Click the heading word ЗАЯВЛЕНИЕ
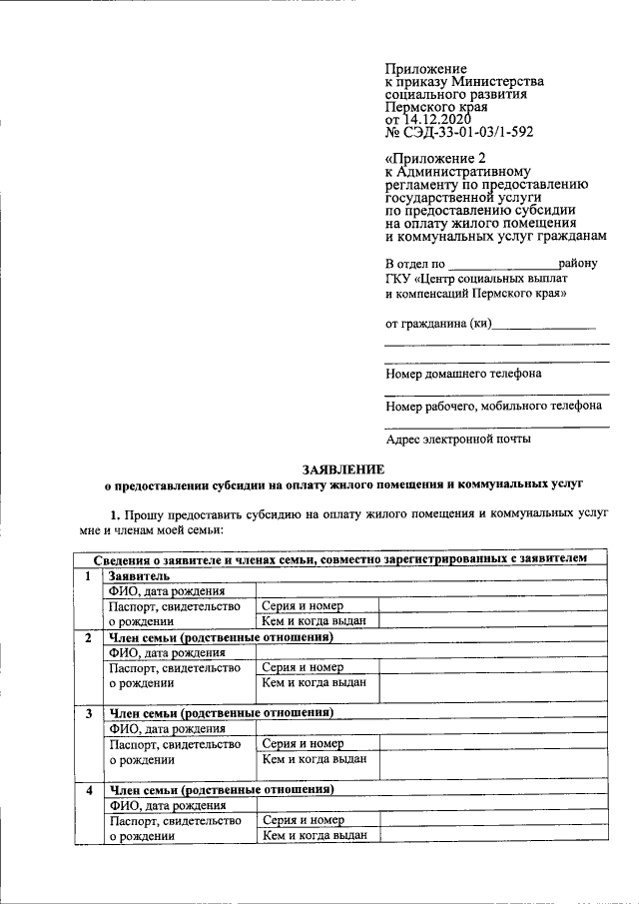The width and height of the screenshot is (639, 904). [x=342, y=469]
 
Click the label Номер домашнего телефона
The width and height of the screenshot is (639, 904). [x=463, y=374]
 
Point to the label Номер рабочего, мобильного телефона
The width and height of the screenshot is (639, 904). [x=493, y=407]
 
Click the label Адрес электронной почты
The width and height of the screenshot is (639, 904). [x=458, y=439]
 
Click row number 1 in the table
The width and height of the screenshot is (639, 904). [x=88, y=576]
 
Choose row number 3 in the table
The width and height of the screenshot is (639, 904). [x=88, y=713]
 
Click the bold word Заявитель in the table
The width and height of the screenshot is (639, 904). [x=139, y=576]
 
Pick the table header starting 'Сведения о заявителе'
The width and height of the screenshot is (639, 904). [x=340, y=559]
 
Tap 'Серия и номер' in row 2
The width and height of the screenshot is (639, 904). [x=303, y=667]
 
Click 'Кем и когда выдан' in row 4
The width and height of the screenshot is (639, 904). [x=314, y=836]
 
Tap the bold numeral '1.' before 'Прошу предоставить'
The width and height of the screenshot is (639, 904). [x=116, y=513]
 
